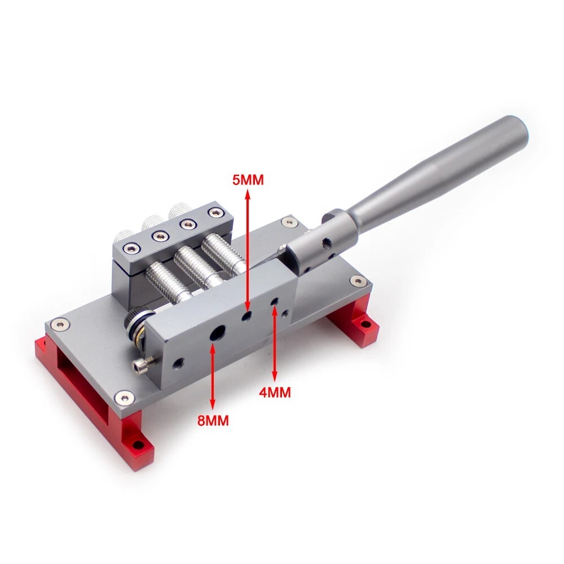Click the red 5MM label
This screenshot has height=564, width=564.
coord(248,180)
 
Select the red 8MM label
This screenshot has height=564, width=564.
coord(213,420)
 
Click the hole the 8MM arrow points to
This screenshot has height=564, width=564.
coord(216,334)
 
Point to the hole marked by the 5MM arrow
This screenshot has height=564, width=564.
coord(246,316)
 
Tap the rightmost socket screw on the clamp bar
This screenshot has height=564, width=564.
coord(214,213)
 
